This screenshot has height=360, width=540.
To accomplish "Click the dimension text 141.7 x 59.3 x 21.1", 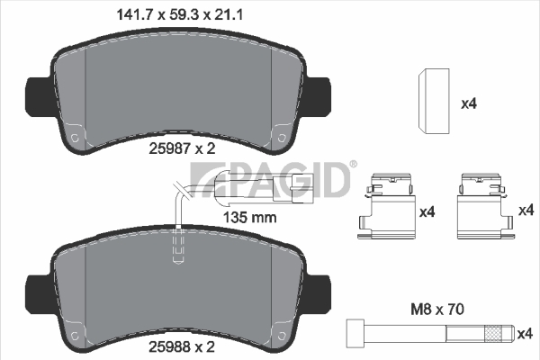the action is pyautogui.click(x=180, y=15).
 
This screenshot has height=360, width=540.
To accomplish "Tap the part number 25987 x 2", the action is pyautogui.click(x=182, y=148).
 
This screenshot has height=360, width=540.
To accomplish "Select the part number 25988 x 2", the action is pyautogui.click(x=182, y=346).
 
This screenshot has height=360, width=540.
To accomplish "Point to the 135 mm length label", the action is pyautogui.click(x=249, y=218).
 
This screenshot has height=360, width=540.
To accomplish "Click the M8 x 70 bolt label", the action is pyautogui.click(x=437, y=309).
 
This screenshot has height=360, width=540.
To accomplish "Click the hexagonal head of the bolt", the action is pyautogui.click(x=355, y=333).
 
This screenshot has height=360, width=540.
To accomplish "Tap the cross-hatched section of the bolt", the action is pyautogui.click(x=494, y=334).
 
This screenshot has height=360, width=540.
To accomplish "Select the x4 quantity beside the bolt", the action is pyautogui.click(x=526, y=334).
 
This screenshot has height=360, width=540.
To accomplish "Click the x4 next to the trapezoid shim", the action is pyautogui.click(x=469, y=103).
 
